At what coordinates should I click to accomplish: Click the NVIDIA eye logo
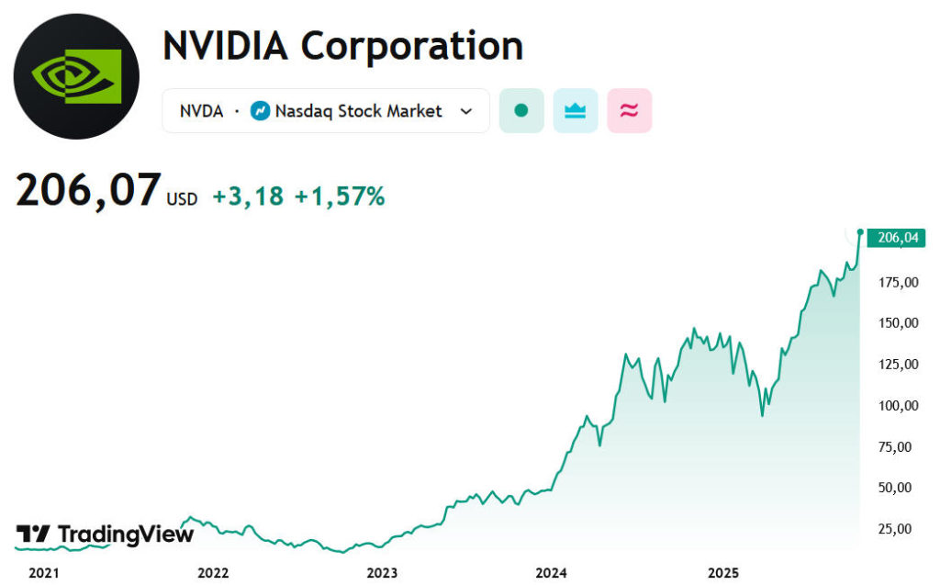coord(76,76)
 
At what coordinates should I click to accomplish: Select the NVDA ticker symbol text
coord(201,111)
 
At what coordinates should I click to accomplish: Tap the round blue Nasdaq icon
coord(260,111)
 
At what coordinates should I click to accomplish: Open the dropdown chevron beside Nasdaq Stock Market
coord(466,111)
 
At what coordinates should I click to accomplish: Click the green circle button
coord(521,111)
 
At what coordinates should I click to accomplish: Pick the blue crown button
coord(576,111)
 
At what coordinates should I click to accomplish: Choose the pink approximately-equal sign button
coord(629,111)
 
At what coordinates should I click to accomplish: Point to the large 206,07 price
coord(88,191)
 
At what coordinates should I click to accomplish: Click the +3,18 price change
coord(248,196)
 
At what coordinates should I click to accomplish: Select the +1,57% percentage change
coord(339,196)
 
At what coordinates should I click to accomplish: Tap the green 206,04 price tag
coord(897,238)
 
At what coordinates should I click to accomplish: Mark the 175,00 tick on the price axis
coord(898,282)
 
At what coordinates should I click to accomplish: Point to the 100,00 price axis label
coord(898,405)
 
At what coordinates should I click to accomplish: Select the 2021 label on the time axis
coord(44,573)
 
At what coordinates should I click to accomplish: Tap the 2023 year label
coord(382,573)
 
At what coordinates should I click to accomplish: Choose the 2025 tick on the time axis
coord(722,573)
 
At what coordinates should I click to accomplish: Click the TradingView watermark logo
coord(106,534)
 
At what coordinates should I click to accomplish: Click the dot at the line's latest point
coord(860,231)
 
